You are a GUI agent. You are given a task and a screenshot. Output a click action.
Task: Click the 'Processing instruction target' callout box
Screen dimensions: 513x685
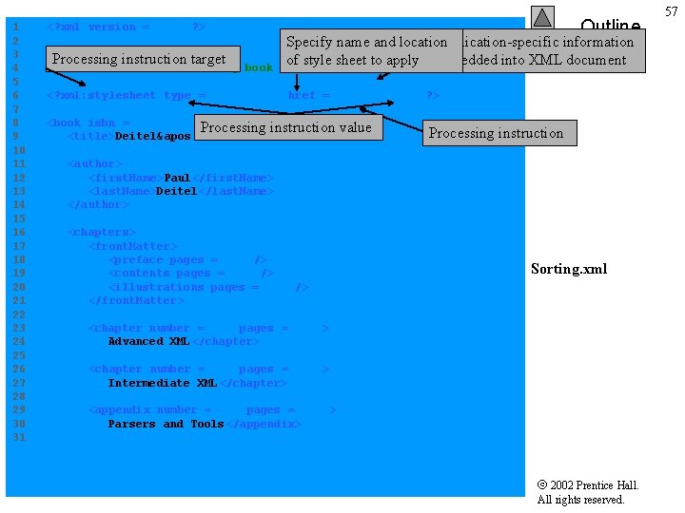[139, 59]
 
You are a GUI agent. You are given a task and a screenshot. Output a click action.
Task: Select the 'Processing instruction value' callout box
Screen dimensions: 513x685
[286, 127]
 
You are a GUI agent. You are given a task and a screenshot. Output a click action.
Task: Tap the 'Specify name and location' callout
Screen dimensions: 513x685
[366, 50]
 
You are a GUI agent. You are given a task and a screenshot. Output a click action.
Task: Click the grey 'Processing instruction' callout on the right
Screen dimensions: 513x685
[496, 133]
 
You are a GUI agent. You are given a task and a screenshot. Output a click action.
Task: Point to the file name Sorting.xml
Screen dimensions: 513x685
[569, 269]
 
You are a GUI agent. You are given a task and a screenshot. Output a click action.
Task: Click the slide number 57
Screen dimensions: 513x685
[672, 10]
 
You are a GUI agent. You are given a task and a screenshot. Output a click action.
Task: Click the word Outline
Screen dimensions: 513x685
[610, 26]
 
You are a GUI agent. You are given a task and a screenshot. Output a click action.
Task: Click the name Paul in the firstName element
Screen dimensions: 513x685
[177, 178]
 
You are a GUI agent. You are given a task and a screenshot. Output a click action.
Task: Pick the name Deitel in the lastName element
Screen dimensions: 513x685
[176, 191]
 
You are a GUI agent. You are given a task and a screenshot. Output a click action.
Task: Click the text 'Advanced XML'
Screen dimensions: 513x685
[148, 341]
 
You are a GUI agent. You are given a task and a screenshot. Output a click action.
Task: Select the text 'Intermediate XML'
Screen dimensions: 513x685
[163, 383]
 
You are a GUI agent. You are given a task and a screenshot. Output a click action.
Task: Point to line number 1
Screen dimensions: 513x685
[15, 27]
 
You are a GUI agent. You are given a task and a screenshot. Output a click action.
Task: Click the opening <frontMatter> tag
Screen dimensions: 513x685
[133, 246]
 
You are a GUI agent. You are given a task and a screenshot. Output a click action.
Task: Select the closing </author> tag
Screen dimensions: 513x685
[98, 204]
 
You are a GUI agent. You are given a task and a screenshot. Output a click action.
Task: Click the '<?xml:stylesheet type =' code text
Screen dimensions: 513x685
[127, 95]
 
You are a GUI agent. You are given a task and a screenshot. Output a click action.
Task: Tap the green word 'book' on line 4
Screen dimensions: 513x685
[259, 68]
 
